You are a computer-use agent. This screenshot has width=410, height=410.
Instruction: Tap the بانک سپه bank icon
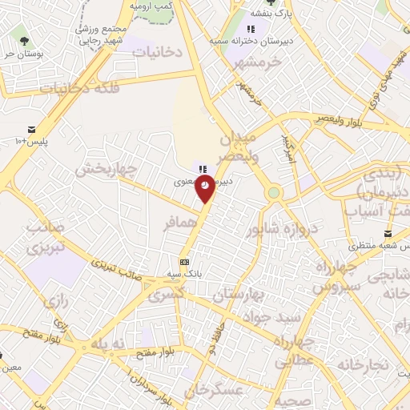pos(185,262)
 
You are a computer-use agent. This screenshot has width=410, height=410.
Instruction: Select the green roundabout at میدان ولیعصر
pos(274,193)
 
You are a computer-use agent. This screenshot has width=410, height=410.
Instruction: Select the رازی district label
pos(58,302)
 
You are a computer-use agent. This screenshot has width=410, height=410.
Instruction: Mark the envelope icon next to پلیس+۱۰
pos(31,130)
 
